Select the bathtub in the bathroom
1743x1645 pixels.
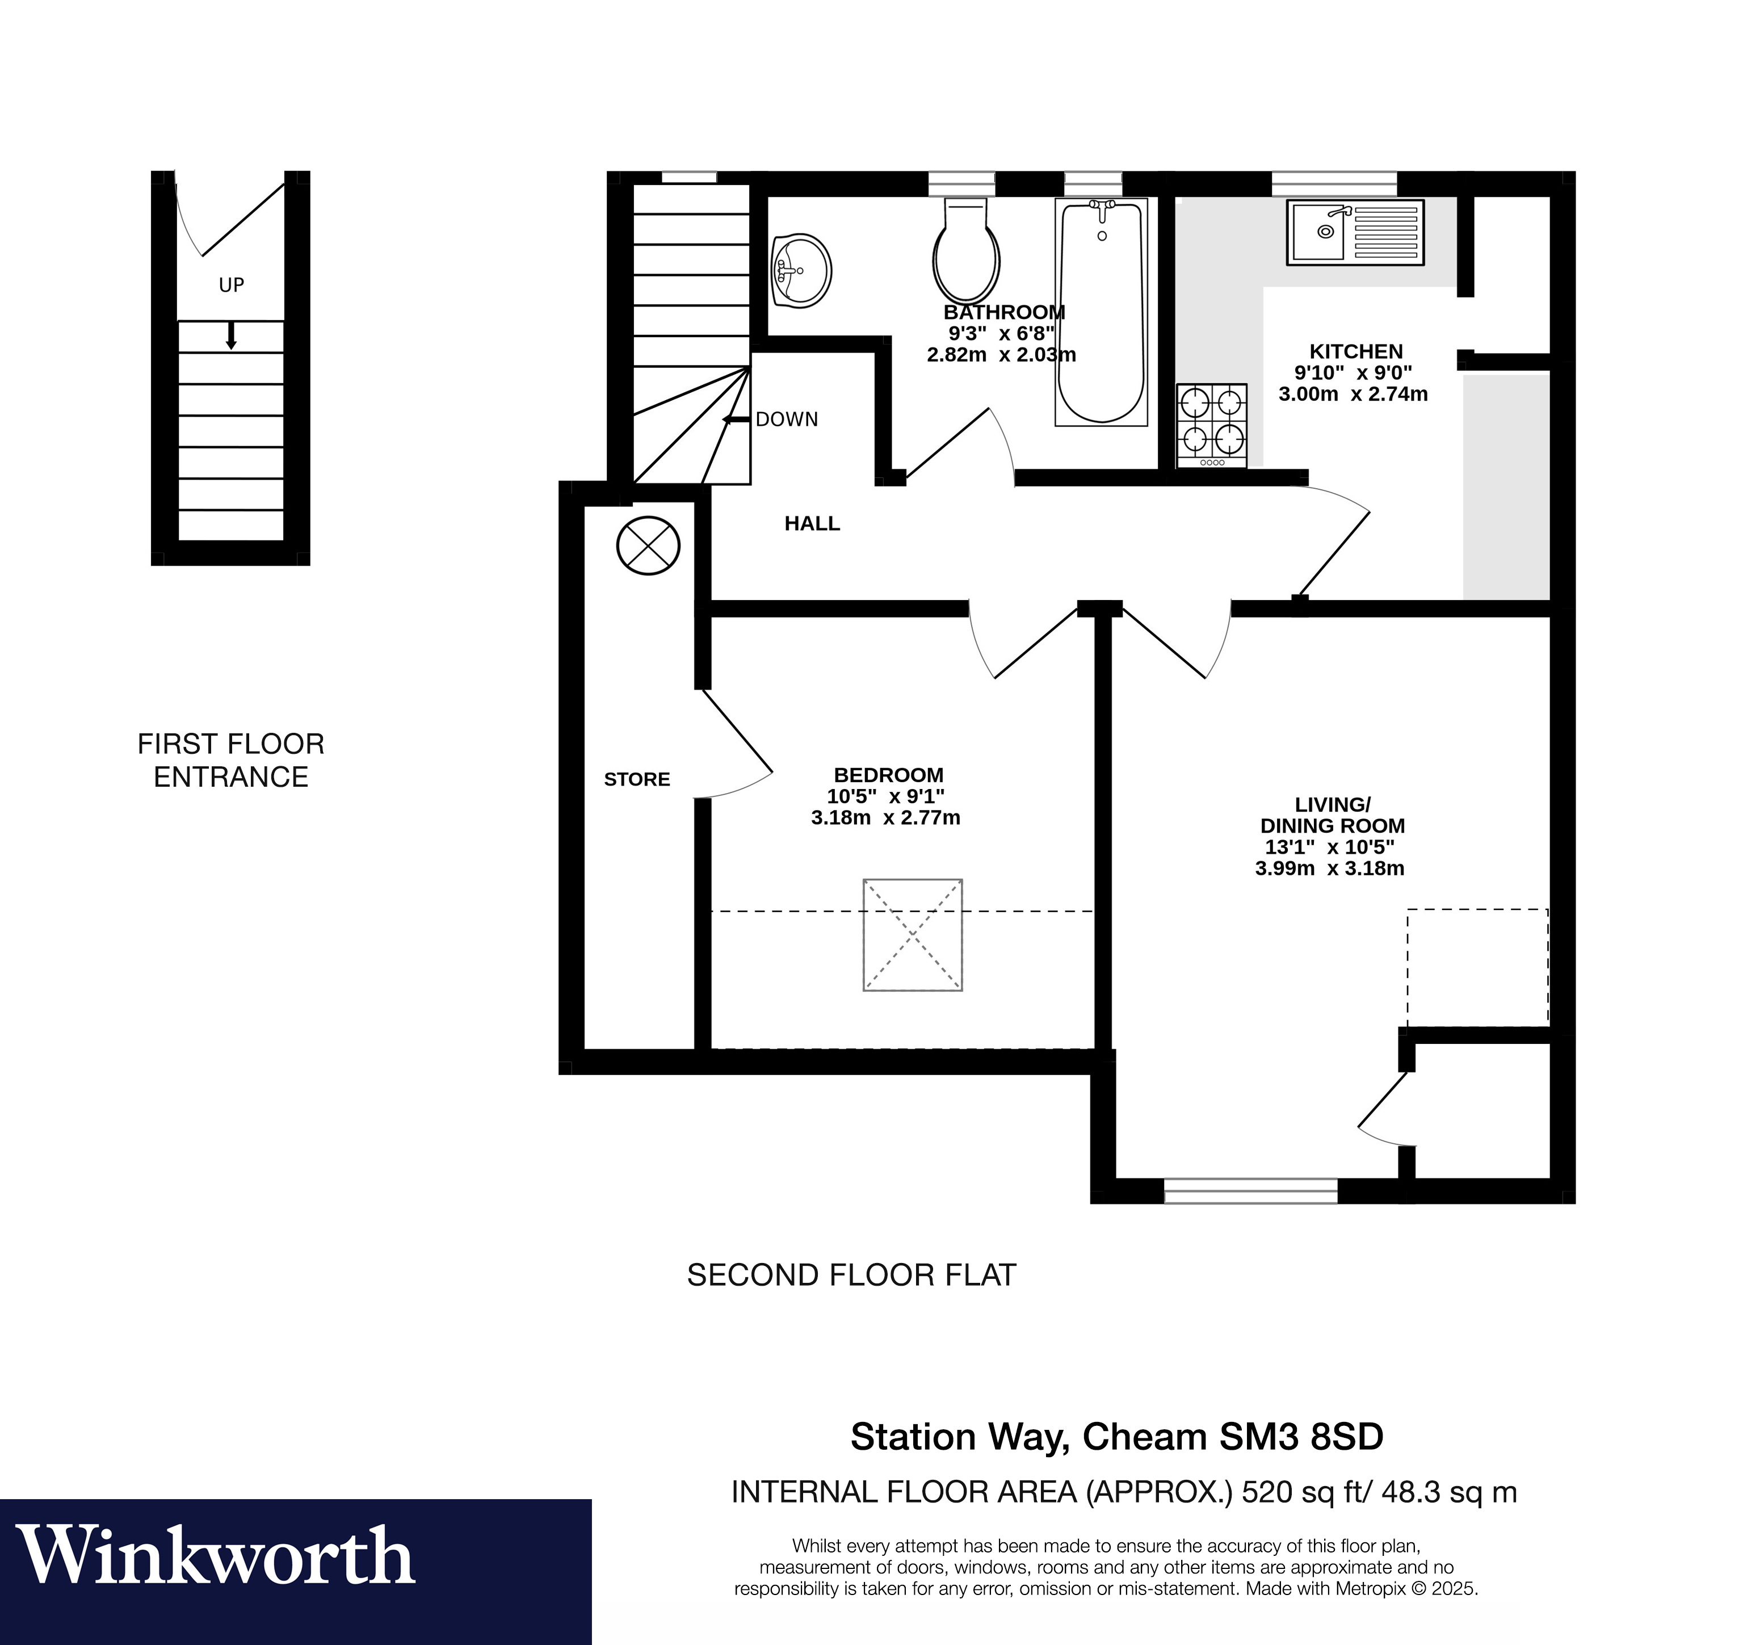coord(1101,313)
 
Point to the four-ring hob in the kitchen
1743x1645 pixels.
coord(1212,425)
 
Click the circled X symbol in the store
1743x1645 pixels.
coord(648,545)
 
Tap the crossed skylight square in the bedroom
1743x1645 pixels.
coord(913,935)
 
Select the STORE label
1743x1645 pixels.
coord(637,779)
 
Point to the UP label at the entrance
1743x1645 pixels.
coord(232,285)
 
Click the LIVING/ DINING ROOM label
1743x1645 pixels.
coord(1332,815)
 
